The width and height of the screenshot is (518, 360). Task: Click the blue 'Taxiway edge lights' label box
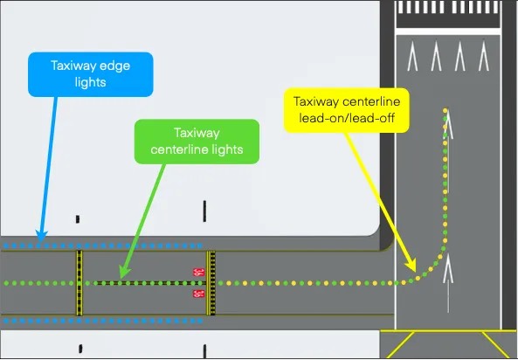tap(91, 74)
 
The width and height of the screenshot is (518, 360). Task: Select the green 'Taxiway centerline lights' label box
tap(197, 142)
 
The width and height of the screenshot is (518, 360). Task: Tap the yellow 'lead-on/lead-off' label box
tap(347, 110)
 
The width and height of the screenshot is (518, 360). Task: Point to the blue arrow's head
tap(41, 237)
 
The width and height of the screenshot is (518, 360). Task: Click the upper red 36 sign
tap(198, 273)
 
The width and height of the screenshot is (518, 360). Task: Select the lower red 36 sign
tap(198, 294)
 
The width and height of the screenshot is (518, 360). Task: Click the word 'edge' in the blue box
tap(115, 66)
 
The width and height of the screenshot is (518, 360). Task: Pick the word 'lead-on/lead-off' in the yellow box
tap(347, 118)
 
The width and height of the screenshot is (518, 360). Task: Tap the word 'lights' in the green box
tap(227, 149)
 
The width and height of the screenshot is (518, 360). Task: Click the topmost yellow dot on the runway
tap(445, 110)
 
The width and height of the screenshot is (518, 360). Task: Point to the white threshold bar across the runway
tap(448, 31)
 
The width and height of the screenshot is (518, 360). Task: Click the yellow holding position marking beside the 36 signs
tap(211, 283)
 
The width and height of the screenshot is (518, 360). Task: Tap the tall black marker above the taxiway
tap(204, 211)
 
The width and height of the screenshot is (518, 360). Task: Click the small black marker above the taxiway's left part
tap(78, 218)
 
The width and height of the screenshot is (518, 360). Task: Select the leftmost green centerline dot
tap(6, 283)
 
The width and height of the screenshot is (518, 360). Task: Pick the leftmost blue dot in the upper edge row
tap(6, 246)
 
